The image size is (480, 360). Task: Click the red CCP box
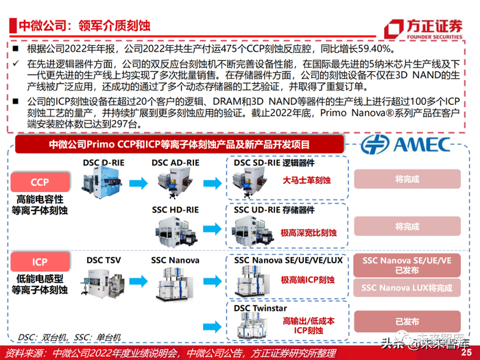[40, 183]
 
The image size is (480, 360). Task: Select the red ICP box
[40, 262]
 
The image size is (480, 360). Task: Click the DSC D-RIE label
[104, 162]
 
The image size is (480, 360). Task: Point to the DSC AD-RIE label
[176, 162]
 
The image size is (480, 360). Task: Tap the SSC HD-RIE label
[176, 209]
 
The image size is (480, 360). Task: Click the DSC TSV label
[104, 261]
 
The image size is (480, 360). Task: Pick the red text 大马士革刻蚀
[307, 181]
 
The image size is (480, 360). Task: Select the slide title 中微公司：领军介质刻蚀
[84, 28]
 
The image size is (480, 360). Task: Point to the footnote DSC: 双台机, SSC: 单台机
[70, 337]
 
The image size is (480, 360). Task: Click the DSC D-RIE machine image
[105, 185]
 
